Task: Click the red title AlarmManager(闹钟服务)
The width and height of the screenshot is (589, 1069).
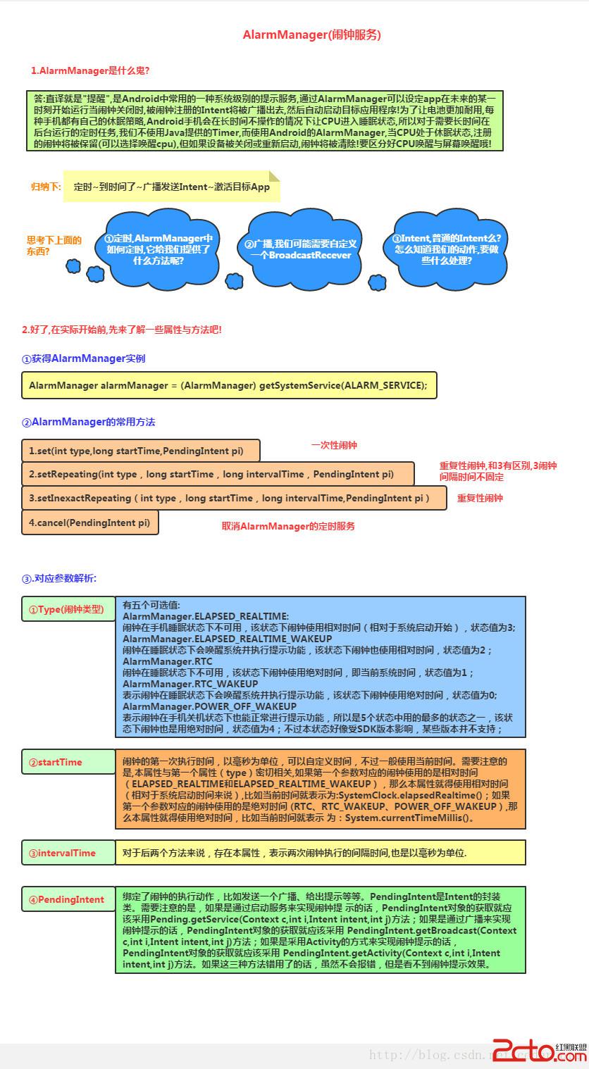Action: (311, 35)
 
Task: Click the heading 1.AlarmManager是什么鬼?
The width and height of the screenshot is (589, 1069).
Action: (89, 70)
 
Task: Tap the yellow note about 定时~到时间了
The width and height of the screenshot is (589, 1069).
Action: (171, 187)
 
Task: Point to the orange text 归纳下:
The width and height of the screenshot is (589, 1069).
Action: (46, 187)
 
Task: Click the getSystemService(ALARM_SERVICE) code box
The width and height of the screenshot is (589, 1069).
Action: (229, 385)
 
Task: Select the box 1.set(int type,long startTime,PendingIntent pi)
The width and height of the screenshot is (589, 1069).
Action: (141, 450)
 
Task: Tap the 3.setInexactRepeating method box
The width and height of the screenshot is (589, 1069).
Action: (234, 498)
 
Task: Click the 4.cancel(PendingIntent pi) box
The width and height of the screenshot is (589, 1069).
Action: (89, 523)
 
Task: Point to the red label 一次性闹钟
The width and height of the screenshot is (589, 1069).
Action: (334, 445)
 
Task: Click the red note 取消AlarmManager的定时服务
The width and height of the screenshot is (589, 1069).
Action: (288, 526)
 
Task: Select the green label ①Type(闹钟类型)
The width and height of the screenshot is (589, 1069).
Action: (68, 609)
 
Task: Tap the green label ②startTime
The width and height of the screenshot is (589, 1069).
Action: (68, 762)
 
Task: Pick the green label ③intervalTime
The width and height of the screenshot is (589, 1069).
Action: (68, 853)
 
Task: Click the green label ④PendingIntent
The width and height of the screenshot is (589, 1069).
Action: (68, 899)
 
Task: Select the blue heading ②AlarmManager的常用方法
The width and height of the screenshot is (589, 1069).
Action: (88, 422)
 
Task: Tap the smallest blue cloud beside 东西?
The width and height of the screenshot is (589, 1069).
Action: (73, 265)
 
